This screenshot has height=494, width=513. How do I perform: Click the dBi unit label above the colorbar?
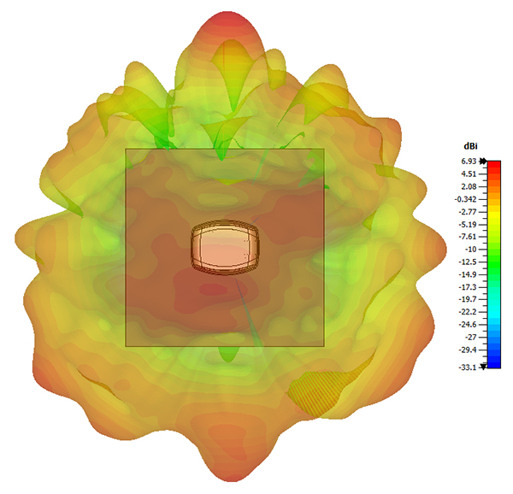pos(470,146)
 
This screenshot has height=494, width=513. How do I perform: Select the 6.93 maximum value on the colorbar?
pos(469,162)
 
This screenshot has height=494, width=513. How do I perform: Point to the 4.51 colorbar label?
pos(469,174)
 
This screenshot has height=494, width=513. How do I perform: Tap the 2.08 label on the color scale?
pos(469,186)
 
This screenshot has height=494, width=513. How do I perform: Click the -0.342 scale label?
pos(466,199)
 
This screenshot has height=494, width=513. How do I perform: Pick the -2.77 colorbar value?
pos(467,212)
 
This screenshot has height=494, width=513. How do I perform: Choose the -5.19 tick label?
pos(467,225)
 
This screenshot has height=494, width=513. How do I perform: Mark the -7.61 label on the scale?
pos(467,237)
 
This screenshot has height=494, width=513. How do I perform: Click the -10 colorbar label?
pos(470,250)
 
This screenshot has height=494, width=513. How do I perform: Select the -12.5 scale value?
pos(467,262)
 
